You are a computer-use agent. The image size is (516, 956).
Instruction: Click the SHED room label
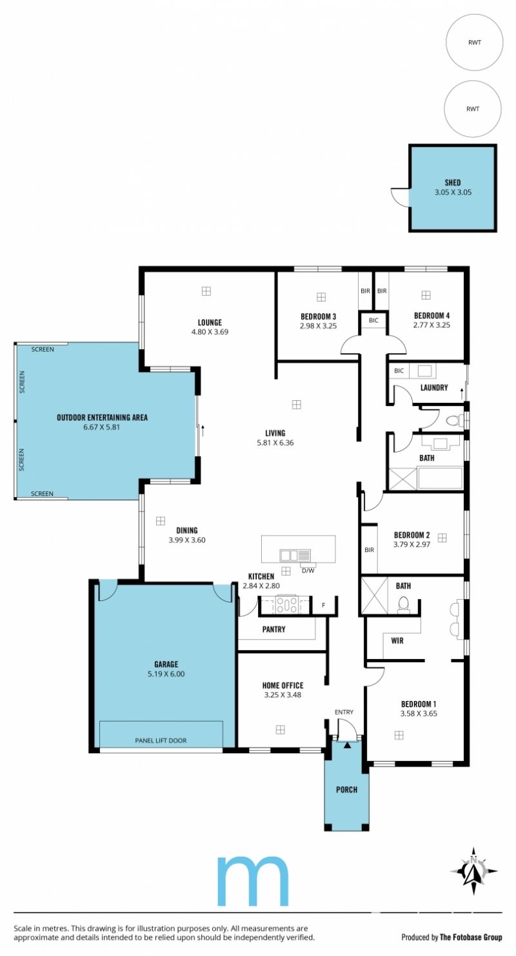click(452, 182)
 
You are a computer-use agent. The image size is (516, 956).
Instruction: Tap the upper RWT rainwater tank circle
click(475, 42)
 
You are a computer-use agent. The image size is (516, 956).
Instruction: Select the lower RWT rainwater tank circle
click(473, 109)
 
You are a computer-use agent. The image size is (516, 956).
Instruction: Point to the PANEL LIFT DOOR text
click(161, 740)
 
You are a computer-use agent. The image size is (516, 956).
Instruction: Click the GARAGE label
click(166, 664)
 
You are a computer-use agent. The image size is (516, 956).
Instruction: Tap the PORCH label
click(347, 789)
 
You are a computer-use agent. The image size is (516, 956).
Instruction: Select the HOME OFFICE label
click(283, 686)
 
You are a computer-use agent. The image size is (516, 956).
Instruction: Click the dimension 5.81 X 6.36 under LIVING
click(275, 443)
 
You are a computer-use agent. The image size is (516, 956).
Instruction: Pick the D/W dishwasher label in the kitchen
click(308, 570)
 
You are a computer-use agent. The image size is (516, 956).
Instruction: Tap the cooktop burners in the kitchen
click(286, 605)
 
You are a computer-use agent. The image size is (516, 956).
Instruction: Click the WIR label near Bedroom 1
click(397, 640)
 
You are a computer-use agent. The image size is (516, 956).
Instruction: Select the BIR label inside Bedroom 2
click(370, 550)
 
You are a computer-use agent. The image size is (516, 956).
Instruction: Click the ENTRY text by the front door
click(344, 712)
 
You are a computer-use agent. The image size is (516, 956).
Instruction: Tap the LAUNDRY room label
click(434, 387)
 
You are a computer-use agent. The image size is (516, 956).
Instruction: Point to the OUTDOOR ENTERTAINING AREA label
click(103, 418)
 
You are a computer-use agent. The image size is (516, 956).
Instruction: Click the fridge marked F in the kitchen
click(324, 605)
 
